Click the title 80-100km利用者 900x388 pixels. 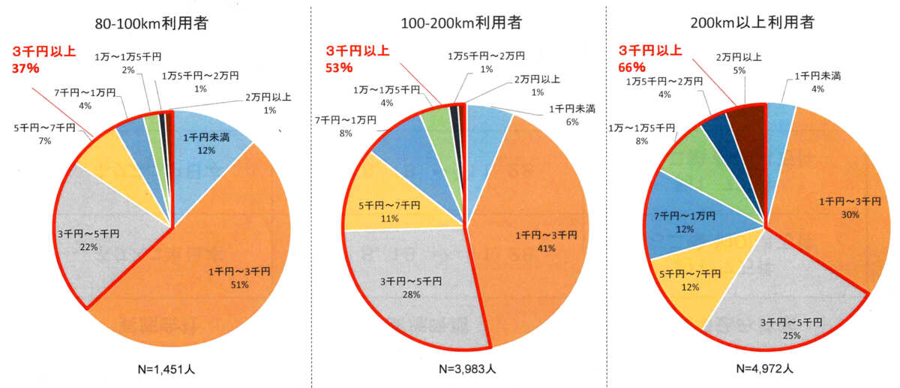(x=151, y=23)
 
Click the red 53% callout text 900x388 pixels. (x=356, y=59)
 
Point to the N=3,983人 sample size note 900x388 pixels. (x=466, y=368)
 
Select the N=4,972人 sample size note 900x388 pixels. (x=766, y=368)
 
